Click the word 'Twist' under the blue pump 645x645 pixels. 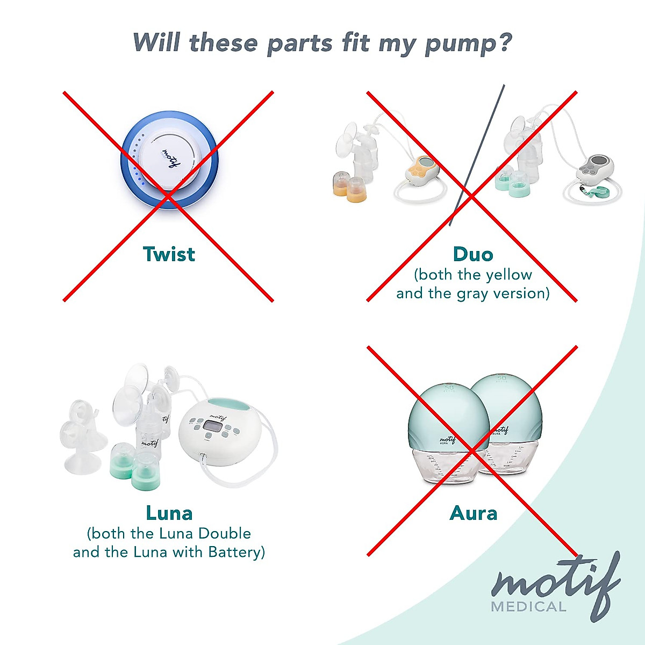[169, 254]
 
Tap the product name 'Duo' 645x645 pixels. [472, 254]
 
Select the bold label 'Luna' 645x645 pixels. [169, 513]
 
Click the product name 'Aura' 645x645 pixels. [473, 513]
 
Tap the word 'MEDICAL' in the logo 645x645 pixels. [528, 607]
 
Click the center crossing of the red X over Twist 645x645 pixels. [168, 196]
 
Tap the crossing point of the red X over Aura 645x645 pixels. [472, 450]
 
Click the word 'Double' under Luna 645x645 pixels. [224, 533]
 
